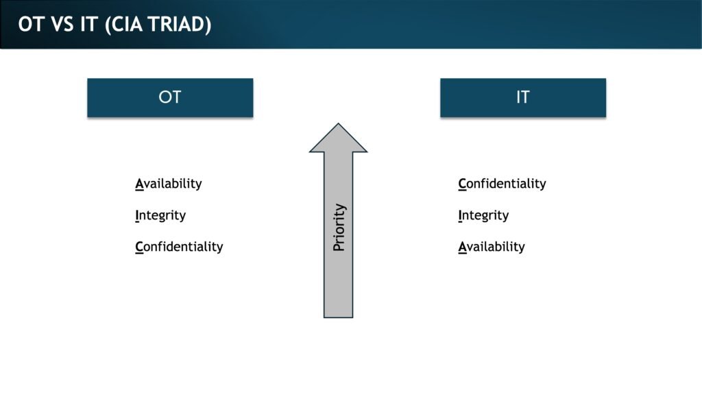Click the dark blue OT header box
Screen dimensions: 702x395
pyautogui.click(x=170, y=97)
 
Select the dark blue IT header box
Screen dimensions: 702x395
pyautogui.click(x=523, y=97)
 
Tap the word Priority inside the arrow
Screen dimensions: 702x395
pyautogui.click(x=339, y=228)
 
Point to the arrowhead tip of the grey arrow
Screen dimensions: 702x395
pyautogui.click(x=338, y=123)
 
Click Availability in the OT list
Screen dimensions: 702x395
pyautogui.click(x=169, y=184)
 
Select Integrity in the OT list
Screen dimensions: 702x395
pyautogui.click(x=160, y=215)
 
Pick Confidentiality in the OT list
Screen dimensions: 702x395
pyautogui.click(x=179, y=247)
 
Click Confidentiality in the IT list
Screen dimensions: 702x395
pyautogui.click(x=502, y=184)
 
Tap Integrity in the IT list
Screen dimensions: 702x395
pyautogui.click(x=483, y=215)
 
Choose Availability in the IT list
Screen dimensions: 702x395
pyautogui.click(x=492, y=247)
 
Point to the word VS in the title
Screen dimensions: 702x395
pyautogui.click(x=62, y=25)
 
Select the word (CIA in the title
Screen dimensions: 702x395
pyautogui.click(x=123, y=25)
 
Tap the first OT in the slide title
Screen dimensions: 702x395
pyautogui.click(x=31, y=25)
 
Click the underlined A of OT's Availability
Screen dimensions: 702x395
pyautogui.click(x=139, y=184)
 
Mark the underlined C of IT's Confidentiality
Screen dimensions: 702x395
pyautogui.click(x=462, y=184)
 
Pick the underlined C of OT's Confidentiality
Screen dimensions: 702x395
pyautogui.click(x=139, y=247)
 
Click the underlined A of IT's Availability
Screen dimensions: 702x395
pyautogui.click(x=463, y=247)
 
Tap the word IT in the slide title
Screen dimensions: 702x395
pyautogui.click(x=89, y=25)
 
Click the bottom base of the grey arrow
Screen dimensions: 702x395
pyautogui.click(x=338, y=317)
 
